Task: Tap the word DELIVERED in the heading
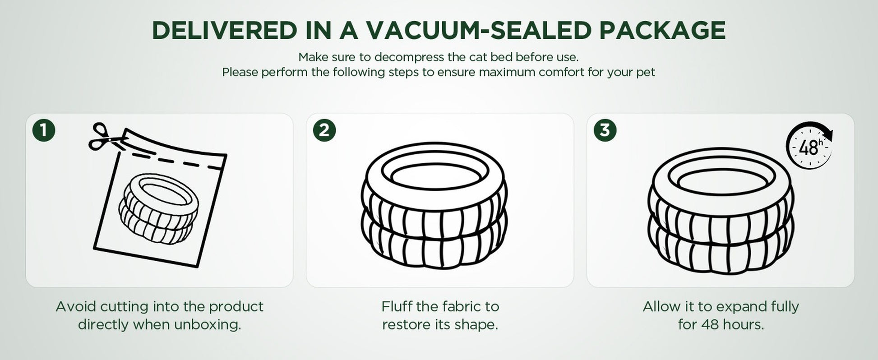point(224,30)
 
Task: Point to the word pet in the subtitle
point(646,73)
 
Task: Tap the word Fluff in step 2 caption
point(397,307)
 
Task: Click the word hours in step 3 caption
point(744,325)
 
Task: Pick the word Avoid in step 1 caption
point(76,307)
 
